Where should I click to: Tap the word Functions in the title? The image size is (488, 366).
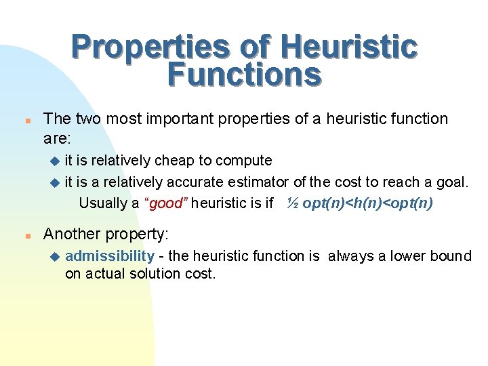tap(244, 75)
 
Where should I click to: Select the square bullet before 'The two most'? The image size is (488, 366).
tap(25, 120)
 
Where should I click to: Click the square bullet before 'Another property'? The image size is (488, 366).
tap(25, 235)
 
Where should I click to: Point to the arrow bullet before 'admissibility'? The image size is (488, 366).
tap(55, 257)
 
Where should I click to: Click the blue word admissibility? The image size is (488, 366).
tap(110, 256)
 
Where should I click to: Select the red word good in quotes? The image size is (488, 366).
tap(165, 203)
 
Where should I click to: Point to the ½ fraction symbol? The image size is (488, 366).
tap(292, 203)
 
